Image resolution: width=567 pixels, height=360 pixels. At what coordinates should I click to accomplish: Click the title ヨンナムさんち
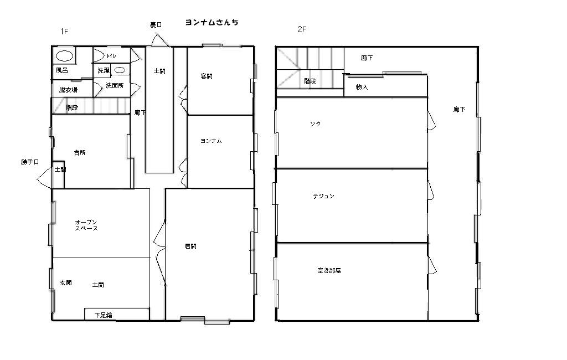(212, 23)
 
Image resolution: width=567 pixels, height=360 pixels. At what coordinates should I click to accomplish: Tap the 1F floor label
(64, 32)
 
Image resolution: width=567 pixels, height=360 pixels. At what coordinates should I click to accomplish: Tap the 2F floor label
(302, 29)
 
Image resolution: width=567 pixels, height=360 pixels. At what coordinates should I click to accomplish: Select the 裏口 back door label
(156, 25)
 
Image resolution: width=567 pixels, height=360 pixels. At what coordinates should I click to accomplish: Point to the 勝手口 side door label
(30, 162)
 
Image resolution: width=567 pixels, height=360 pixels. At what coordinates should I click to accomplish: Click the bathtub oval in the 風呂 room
(65, 56)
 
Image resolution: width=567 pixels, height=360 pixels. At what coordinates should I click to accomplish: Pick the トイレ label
(111, 56)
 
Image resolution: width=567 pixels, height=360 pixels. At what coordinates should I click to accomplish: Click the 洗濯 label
(104, 70)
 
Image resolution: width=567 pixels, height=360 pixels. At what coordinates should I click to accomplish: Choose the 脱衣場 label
(68, 90)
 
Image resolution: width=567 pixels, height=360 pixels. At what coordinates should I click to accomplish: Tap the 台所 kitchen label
(80, 153)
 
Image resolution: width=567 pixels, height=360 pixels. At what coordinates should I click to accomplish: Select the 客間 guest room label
(206, 76)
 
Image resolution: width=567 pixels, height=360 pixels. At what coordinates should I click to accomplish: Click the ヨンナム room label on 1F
(211, 141)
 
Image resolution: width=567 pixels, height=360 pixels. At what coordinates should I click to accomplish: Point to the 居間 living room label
(190, 246)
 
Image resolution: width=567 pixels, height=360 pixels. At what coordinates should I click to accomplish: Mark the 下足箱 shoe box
(117, 314)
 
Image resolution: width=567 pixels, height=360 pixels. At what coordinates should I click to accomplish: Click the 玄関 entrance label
(66, 282)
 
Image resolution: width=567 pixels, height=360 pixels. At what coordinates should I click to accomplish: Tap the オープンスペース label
(86, 225)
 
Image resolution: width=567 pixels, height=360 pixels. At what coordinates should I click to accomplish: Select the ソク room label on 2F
(315, 124)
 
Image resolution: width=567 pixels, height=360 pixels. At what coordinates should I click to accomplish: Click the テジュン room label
(323, 196)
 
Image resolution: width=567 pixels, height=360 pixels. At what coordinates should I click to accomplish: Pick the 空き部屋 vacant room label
(329, 270)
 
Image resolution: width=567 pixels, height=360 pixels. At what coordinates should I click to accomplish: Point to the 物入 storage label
(362, 87)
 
